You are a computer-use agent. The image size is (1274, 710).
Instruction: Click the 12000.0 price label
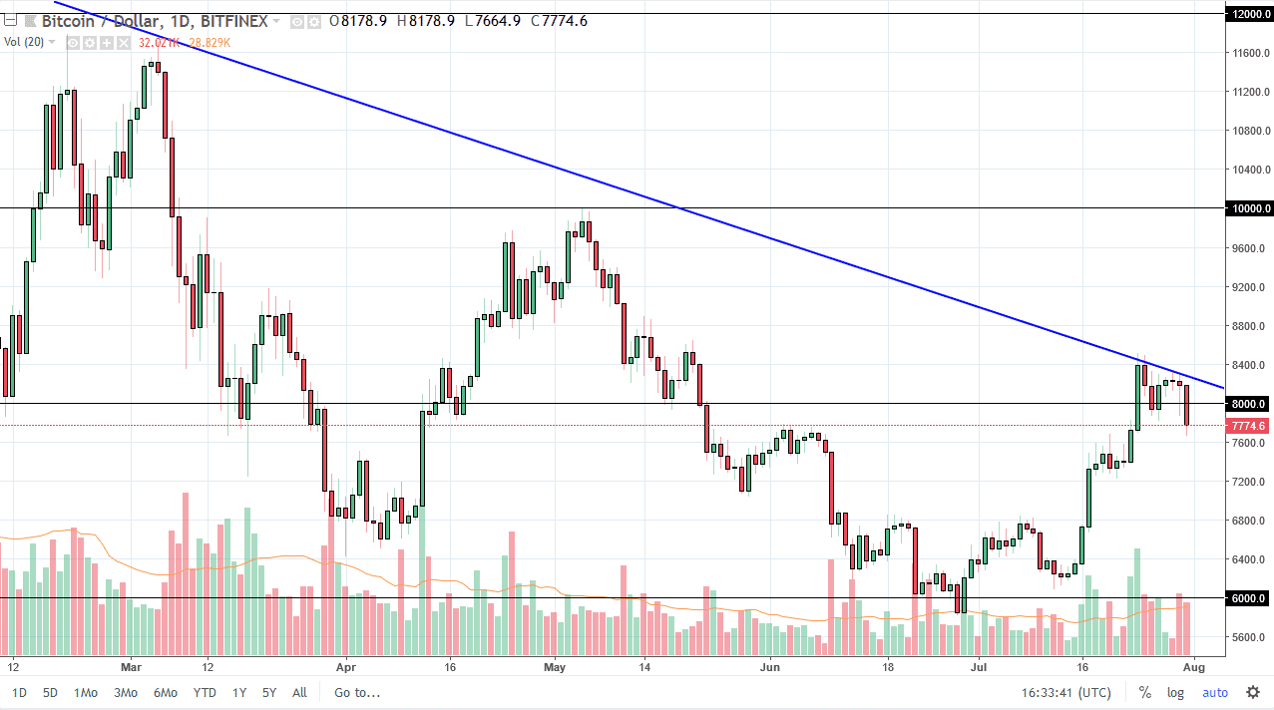point(1250,14)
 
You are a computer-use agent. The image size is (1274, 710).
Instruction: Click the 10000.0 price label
point(1250,208)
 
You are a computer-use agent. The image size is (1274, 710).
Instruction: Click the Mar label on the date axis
point(132,666)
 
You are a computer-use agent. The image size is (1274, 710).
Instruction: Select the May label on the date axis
point(556,666)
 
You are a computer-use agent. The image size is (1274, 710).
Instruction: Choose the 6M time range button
point(166,692)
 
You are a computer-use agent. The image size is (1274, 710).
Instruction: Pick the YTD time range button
point(206,692)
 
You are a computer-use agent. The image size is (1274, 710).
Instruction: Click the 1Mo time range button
point(87,692)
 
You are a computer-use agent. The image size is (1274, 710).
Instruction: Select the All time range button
point(299,692)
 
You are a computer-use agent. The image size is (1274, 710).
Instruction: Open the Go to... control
point(357,692)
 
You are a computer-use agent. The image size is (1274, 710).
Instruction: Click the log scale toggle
point(1176,692)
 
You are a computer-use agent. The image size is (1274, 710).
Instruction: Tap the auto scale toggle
point(1215,692)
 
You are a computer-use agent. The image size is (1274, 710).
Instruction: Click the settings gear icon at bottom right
point(1253,692)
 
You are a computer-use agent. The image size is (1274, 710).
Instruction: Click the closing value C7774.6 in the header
point(560,21)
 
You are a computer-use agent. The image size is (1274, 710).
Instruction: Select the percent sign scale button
point(1144,692)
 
